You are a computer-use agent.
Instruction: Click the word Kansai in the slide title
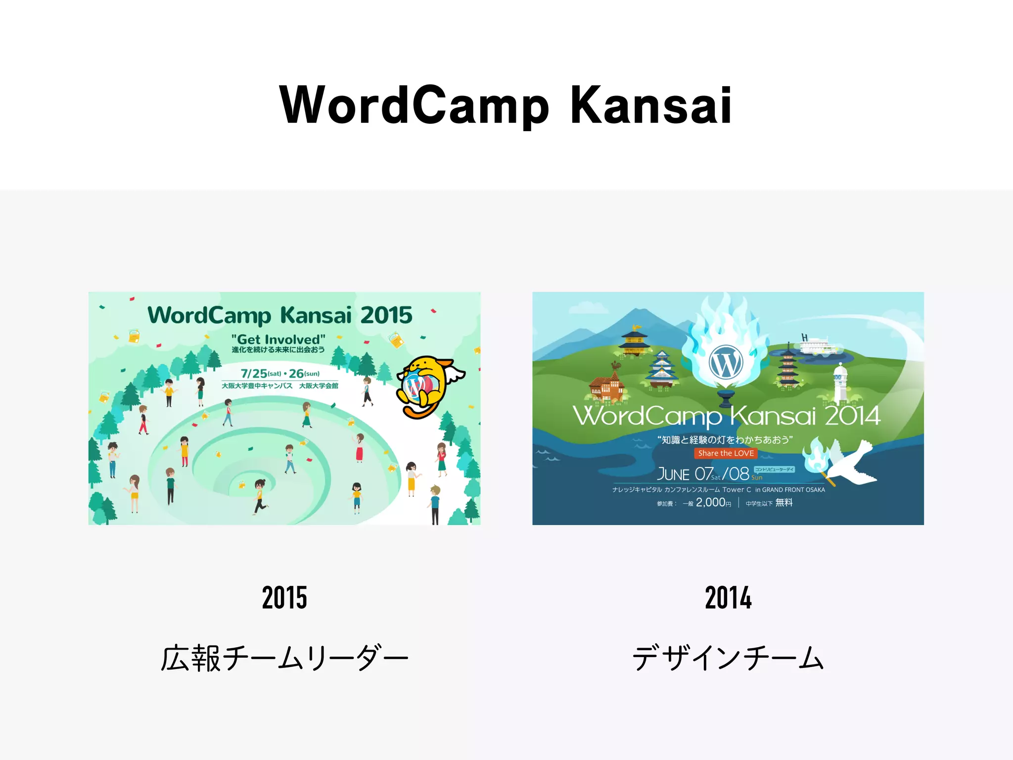click(650, 105)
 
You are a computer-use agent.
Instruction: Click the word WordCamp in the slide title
click(414, 105)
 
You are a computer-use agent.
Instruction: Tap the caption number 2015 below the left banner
click(284, 597)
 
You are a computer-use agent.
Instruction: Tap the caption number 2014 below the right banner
click(728, 597)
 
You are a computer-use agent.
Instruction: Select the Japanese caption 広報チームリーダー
click(284, 658)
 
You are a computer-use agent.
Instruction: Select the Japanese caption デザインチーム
click(728, 658)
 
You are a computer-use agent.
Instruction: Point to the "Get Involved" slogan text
click(278, 339)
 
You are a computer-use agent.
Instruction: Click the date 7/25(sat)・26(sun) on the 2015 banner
click(280, 374)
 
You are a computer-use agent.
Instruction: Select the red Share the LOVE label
click(726, 453)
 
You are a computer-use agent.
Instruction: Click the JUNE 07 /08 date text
click(702, 474)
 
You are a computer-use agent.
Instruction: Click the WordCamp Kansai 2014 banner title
click(726, 416)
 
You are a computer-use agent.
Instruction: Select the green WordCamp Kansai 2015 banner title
click(280, 315)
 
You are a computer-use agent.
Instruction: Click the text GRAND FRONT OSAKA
click(793, 490)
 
